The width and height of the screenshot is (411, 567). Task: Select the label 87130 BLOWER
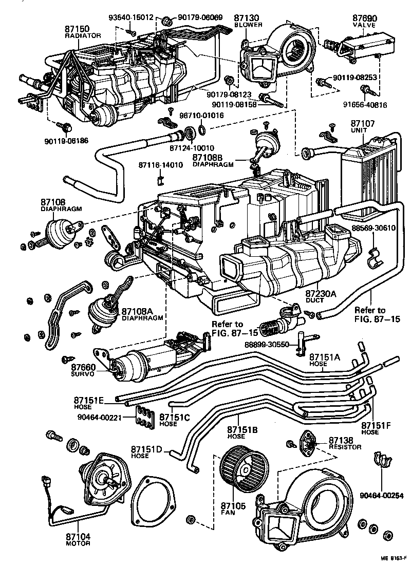point(248,21)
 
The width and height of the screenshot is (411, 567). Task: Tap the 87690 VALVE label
point(365,21)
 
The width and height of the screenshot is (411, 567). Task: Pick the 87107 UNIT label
point(363,126)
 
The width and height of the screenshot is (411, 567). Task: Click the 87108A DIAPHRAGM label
point(142,314)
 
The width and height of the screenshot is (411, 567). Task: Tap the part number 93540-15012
point(131,17)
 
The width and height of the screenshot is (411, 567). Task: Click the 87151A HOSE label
point(325,360)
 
